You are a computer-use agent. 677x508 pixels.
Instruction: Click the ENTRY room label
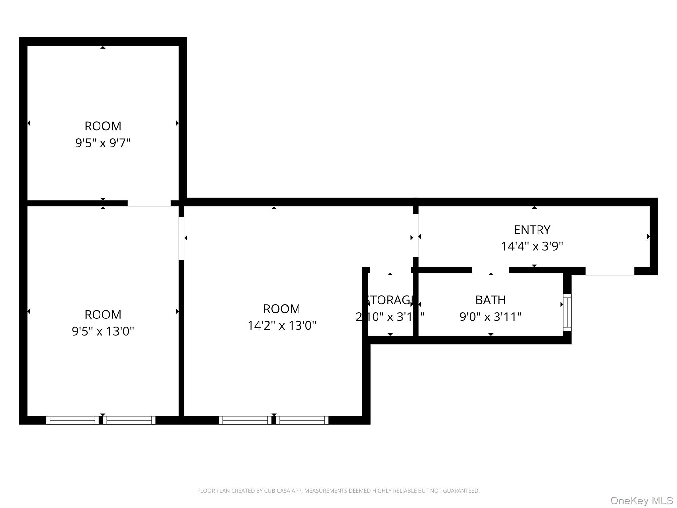pos(532,230)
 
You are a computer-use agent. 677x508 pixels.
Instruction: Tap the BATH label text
pos(491,300)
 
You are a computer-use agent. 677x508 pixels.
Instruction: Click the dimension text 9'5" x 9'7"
pos(103,143)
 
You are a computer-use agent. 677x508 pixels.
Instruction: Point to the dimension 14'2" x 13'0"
pos(282,326)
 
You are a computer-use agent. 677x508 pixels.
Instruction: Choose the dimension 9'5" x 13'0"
pos(103,331)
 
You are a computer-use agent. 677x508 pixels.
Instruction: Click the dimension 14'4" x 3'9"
pos(532,246)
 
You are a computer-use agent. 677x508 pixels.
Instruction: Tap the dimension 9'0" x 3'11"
pos(491,317)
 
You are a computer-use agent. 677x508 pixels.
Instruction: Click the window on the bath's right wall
pos(567,312)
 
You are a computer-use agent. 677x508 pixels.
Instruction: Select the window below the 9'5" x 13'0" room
pos(101,420)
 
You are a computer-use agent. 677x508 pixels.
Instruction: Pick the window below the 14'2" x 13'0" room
pos(274,420)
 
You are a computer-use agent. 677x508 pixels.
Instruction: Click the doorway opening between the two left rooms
pos(149,203)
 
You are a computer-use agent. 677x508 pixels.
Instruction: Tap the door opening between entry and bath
pos(490,270)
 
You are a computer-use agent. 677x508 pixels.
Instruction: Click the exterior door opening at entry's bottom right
pos(610,271)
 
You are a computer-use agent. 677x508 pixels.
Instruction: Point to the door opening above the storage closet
pos(390,270)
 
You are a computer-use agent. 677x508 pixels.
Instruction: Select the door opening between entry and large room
pos(416,235)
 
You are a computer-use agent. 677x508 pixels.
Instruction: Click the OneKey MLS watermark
pos(641,501)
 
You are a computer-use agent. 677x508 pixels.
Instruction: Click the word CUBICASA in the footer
pos(277,491)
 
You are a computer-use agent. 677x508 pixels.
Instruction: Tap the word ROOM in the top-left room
pos(103,126)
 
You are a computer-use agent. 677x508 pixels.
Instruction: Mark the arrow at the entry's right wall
pos(648,236)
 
